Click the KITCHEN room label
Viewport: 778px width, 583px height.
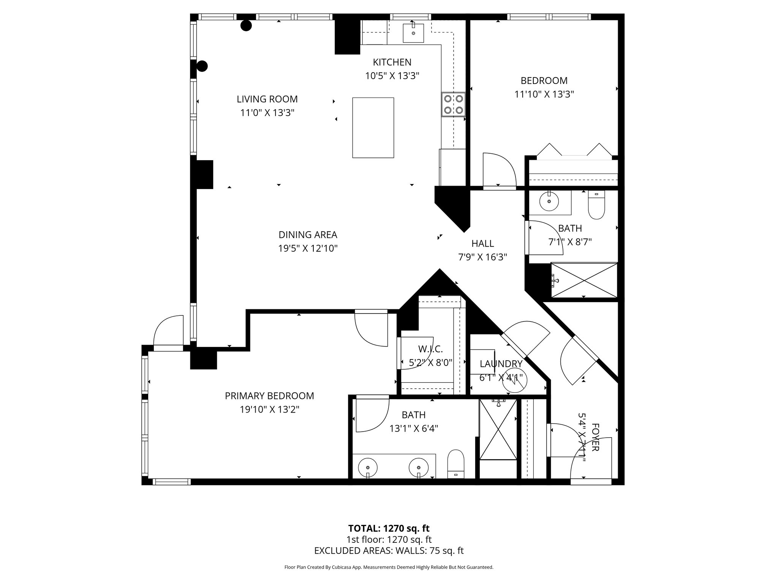pyautogui.click(x=392, y=62)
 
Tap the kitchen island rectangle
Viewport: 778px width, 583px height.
pyautogui.click(x=373, y=128)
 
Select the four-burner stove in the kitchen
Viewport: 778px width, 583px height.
pyautogui.click(x=454, y=104)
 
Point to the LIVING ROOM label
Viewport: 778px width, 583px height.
pyautogui.click(x=267, y=99)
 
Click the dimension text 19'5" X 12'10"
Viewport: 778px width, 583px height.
pyautogui.click(x=308, y=249)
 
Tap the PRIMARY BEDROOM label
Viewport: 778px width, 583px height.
pyautogui.click(x=269, y=396)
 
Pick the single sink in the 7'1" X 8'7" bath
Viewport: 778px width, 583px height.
pyautogui.click(x=549, y=202)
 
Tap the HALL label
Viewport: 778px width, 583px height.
pyautogui.click(x=482, y=244)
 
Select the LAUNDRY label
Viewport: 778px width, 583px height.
pyautogui.click(x=501, y=364)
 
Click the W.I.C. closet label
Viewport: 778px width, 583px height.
pyautogui.click(x=430, y=349)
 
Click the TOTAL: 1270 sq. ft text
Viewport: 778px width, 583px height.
pyautogui.click(x=389, y=528)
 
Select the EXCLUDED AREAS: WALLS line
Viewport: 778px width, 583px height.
pyautogui.click(x=389, y=551)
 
